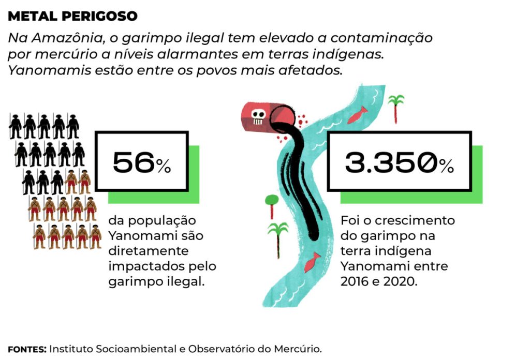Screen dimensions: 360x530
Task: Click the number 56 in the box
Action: [x=134, y=163]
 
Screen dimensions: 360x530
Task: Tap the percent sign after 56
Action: [x=164, y=166]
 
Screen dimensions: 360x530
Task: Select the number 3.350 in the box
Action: [x=391, y=163]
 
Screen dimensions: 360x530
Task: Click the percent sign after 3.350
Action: [x=447, y=166]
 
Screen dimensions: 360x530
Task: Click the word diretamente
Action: [x=141, y=251]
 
